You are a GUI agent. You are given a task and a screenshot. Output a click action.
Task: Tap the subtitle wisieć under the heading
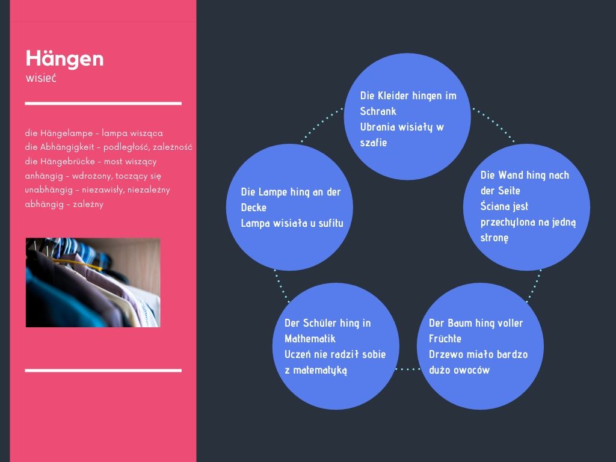click(x=41, y=78)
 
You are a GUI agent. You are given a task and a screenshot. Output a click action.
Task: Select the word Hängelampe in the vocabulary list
click(x=66, y=133)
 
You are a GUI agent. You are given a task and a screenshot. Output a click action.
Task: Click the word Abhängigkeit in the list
click(x=67, y=147)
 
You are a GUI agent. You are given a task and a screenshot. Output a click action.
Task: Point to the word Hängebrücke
click(x=67, y=161)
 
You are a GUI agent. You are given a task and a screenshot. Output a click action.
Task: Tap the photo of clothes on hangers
click(x=93, y=283)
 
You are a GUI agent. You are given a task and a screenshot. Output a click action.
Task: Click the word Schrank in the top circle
click(x=378, y=111)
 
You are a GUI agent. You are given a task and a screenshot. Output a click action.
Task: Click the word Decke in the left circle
click(x=253, y=208)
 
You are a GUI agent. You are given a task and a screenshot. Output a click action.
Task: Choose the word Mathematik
click(x=310, y=339)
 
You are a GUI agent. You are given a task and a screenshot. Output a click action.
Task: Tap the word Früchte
click(x=445, y=339)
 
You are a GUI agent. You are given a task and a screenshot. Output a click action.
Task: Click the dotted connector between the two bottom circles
click(x=408, y=369)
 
